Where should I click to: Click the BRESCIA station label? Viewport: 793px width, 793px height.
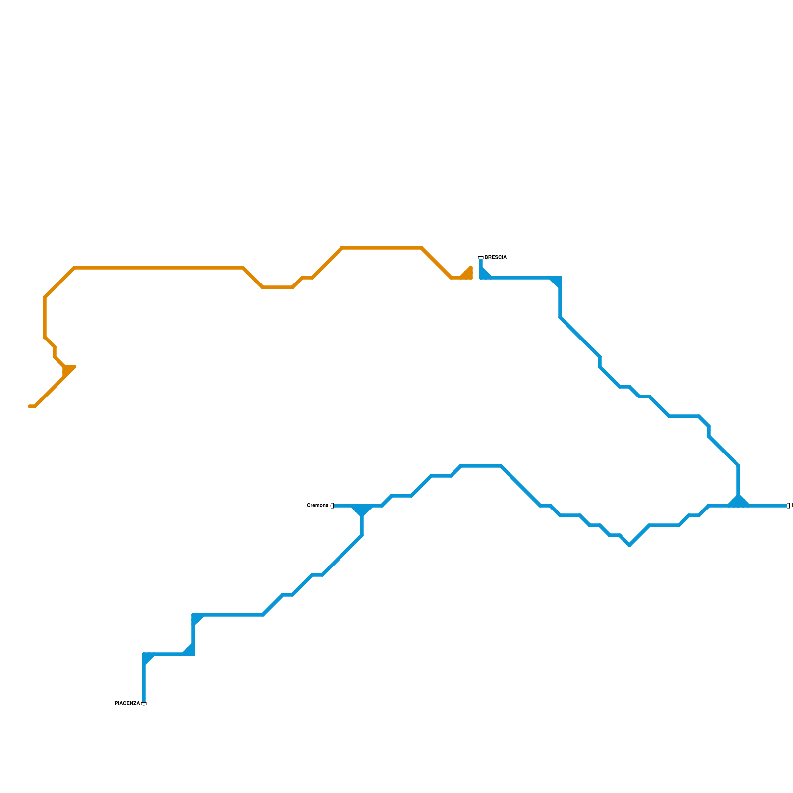[495, 258]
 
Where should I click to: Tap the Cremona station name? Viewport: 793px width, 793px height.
[317, 506]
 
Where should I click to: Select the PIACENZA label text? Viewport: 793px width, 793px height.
[127, 704]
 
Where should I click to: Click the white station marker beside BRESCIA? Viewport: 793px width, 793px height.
[480, 258]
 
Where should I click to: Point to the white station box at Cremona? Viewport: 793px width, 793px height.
[332, 506]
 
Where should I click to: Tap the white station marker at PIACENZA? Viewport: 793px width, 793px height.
[144, 704]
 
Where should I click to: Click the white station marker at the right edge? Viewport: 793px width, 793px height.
[788, 506]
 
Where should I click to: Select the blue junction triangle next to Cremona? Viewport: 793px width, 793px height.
[362, 510]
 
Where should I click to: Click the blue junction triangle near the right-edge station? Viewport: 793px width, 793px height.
[738, 501]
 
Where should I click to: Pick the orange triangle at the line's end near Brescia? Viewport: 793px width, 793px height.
[467, 274]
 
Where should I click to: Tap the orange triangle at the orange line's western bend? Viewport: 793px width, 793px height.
[68, 370]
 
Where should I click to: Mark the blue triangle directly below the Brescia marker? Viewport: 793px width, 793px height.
[484, 273]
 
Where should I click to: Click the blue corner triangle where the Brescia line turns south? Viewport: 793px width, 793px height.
[557, 281]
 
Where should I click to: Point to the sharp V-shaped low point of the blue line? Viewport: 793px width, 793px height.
[629, 545]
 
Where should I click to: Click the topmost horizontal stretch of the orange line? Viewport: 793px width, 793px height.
[382, 248]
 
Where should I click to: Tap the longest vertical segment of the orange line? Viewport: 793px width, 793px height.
[45, 317]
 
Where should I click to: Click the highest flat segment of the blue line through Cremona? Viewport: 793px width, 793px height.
[481, 466]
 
